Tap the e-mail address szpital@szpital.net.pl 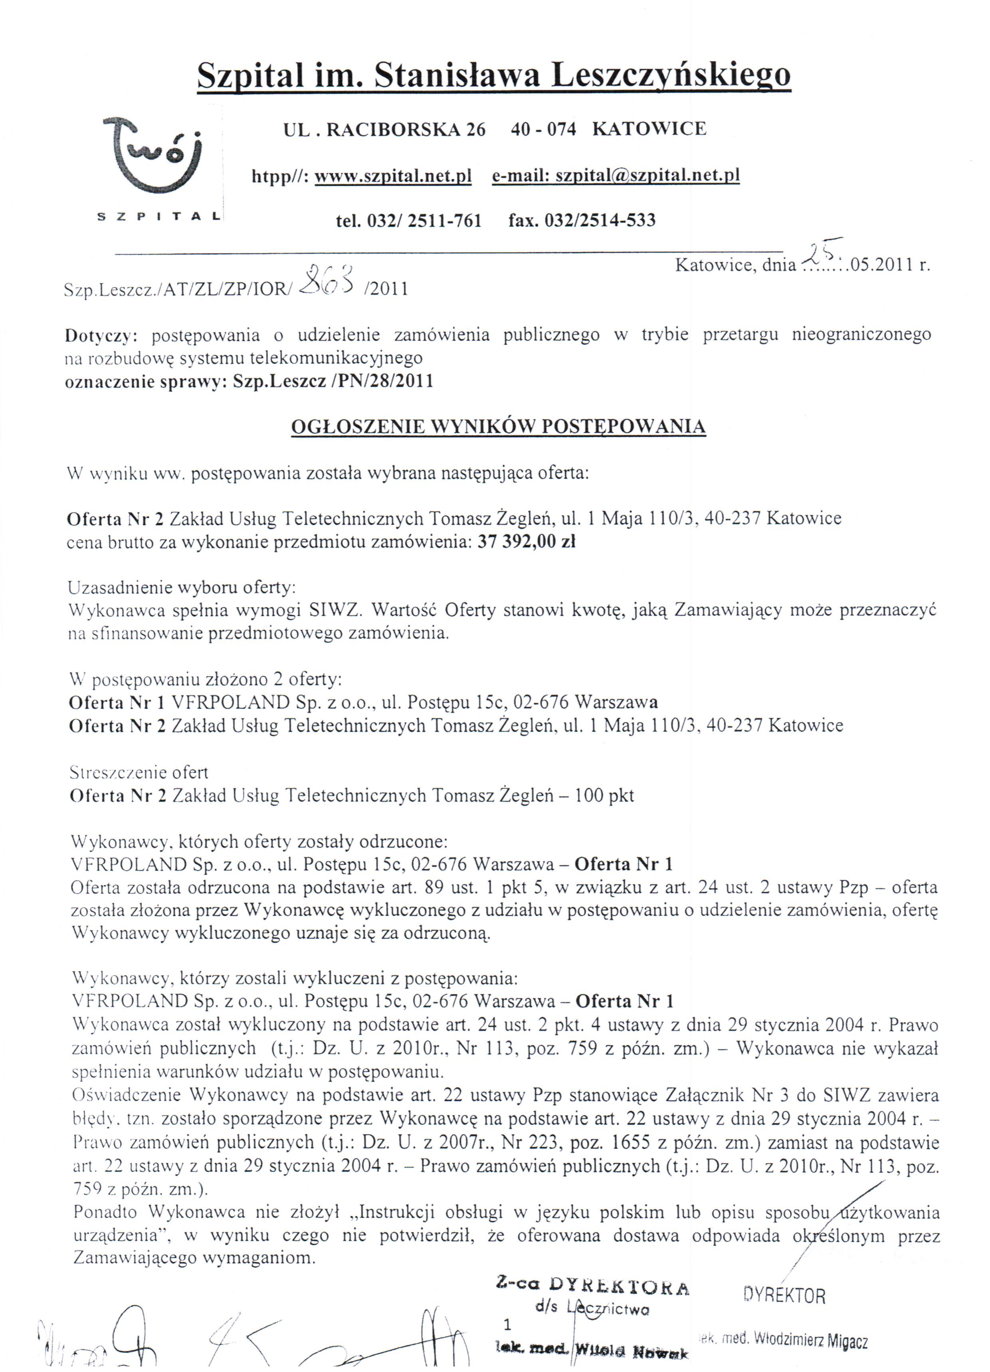[647, 175]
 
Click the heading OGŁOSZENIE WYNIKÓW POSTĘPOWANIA [498, 426]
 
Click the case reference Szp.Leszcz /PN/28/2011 [333, 382]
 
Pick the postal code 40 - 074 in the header [543, 129]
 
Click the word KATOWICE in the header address [649, 129]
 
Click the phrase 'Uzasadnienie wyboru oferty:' [182, 587]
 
